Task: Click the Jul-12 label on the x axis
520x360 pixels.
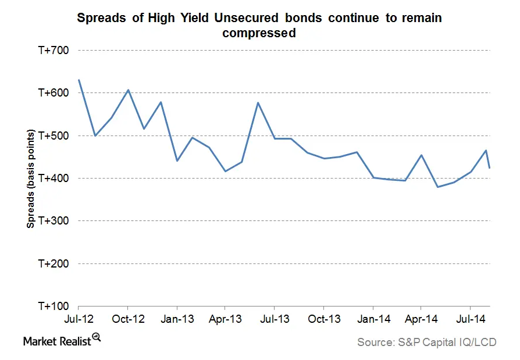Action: pos(78,319)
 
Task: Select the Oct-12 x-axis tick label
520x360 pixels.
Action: pos(127,319)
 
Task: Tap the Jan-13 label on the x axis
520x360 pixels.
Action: pos(177,319)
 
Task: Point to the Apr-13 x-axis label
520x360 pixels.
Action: pos(226,319)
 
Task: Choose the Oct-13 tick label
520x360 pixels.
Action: pos(324,319)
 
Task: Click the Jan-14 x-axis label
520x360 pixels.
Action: pos(373,319)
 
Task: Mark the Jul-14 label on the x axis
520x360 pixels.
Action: pos(471,319)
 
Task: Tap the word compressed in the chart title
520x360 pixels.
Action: pos(259,33)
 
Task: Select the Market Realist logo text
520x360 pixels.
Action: pos(57,342)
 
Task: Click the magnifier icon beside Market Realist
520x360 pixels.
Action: pos(97,337)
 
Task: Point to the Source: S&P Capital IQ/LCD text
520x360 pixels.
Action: pos(426,343)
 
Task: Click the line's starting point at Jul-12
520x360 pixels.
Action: pos(79,80)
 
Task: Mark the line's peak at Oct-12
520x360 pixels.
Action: pos(128,90)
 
